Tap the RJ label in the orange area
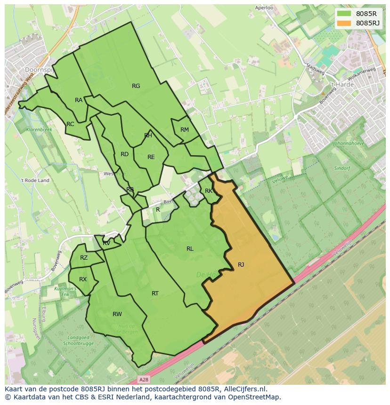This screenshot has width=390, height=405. (241, 264)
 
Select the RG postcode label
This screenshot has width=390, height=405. (136, 86)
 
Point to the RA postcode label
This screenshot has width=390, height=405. (79, 100)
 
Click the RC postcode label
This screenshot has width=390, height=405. (70, 124)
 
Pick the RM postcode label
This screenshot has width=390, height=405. (185, 130)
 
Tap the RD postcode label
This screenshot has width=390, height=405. (124, 154)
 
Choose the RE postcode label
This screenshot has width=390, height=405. (151, 157)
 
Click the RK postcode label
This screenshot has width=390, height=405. (209, 191)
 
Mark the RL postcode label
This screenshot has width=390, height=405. (190, 249)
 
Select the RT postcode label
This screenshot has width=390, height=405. (155, 294)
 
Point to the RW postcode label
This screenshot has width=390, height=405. (117, 314)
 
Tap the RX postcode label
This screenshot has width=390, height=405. (83, 279)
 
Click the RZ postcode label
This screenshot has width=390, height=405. (84, 258)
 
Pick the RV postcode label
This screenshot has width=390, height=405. (106, 243)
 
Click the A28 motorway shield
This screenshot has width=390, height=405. (144, 379)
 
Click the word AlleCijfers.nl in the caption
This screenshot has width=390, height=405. (245, 389)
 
